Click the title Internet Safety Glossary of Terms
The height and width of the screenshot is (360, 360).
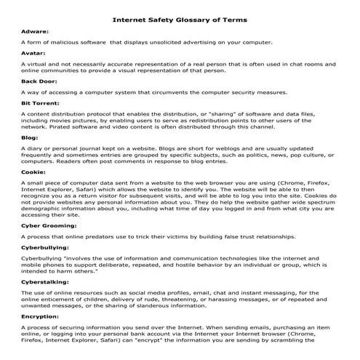pos(180,20)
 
